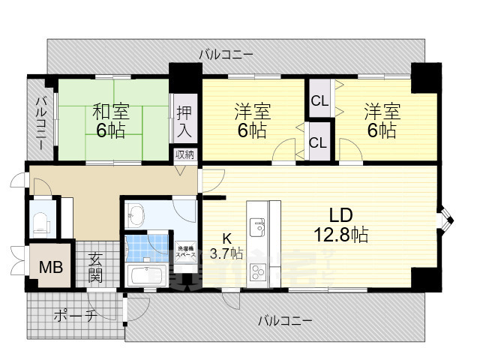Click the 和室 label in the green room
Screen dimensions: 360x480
pyautogui.click(x=111, y=112)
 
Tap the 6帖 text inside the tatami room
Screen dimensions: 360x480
pyautogui.click(x=111, y=130)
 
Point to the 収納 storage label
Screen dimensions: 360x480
pyautogui.click(x=185, y=155)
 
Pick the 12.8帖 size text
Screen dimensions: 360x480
pyautogui.click(x=342, y=235)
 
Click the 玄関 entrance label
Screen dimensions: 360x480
pyautogui.click(x=96, y=268)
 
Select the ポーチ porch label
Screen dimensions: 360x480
pyautogui.click(x=74, y=316)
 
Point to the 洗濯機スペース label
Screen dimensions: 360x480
pyautogui.click(x=185, y=252)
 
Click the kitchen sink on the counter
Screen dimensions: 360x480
pyautogui.click(x=257, y=225)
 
